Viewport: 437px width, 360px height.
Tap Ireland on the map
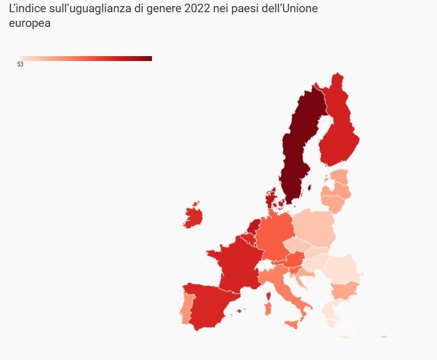(194, 217)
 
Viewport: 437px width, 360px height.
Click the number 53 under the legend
(20, 65)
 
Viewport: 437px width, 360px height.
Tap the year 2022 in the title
(197, 10)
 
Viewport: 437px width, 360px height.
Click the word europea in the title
(29, 25)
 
